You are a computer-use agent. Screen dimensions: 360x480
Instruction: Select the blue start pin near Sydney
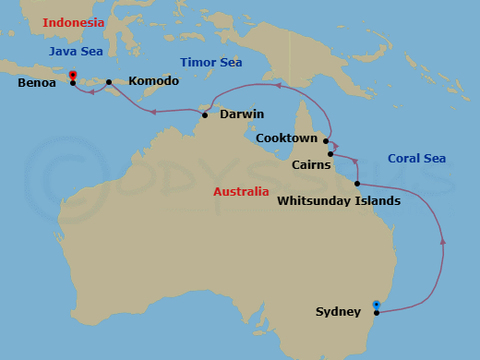pyautogui.click(x=375, y=304)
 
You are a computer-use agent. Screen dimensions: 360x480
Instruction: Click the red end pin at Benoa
pyautogui.click(x=72, y=76)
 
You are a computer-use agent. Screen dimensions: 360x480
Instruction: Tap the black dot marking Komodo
pyautogui.click(x=109, y=82)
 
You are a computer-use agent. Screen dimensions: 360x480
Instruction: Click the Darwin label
pyautogui.click(x=242, y=114)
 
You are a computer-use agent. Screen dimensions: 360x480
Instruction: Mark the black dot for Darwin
pyautogui.click(x=204, y=115)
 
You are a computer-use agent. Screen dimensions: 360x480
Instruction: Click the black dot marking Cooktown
pyautogui.click(x=326, y=141)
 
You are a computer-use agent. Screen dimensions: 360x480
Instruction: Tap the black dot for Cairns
pyautogui.click(x=330, y=154)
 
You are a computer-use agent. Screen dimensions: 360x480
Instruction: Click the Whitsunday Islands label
pyautogui.click(x=340, y=200)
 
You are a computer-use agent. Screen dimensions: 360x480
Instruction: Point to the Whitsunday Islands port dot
pyautogui.click(x=356, y=184)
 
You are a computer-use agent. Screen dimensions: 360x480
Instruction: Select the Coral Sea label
pyautogui.click(x=416, y=159)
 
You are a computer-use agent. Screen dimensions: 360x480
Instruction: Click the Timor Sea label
pyautogui.click(x=211, y=62)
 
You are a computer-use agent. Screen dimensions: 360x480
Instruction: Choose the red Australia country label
pyautogui.click(x=241, y=192)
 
